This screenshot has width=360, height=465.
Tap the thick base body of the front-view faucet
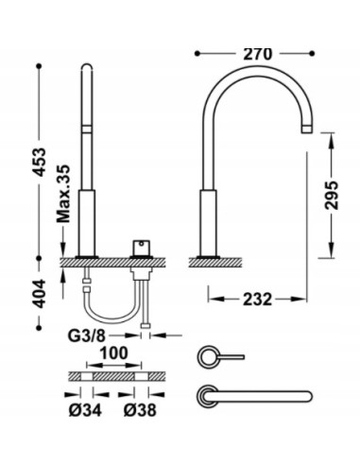coord(87,221)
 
